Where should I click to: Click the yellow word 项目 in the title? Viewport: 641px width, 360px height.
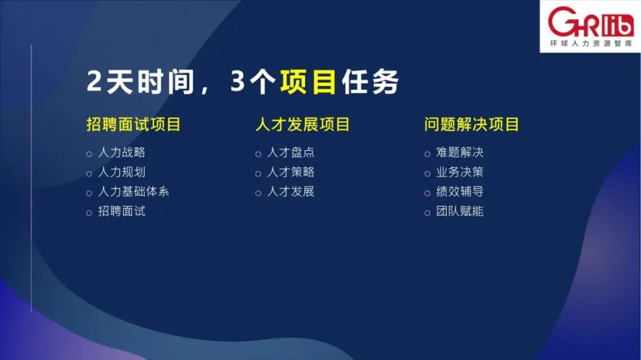tap(308, 82)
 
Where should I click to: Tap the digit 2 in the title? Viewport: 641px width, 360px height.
tap(94, 81)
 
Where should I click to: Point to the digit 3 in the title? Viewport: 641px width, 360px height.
tap(237, 81)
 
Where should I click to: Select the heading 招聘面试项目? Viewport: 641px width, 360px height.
tap(134, 124)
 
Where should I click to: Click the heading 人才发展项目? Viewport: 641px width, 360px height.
tap(303, 124)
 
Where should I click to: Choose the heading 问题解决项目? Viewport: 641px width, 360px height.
tap(471, 124)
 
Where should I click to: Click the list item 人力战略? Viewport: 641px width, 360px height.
tap(122, 152)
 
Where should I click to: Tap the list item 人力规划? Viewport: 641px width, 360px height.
tap(122, 172)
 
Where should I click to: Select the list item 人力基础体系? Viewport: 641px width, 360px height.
tap(134, 192)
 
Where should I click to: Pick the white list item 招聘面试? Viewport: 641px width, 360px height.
tap(122, 211)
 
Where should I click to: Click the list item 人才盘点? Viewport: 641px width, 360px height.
tap(291, 152)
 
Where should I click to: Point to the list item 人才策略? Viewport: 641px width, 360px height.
tap(291, 172)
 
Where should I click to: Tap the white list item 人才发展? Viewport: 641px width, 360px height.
tap(291, 192)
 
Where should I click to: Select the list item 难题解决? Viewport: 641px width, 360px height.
tap(460, 152)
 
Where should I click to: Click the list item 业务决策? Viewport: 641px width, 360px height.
tap(460, 172)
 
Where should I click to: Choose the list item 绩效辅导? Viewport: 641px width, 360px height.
tap(460, 192)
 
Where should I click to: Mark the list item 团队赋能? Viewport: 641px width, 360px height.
tap(460, 211)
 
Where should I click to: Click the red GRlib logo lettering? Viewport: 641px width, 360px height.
tap(591, 22)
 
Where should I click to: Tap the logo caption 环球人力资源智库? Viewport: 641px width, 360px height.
tap(591, 43)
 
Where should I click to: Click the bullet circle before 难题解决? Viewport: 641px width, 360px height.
tap(427, 154)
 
